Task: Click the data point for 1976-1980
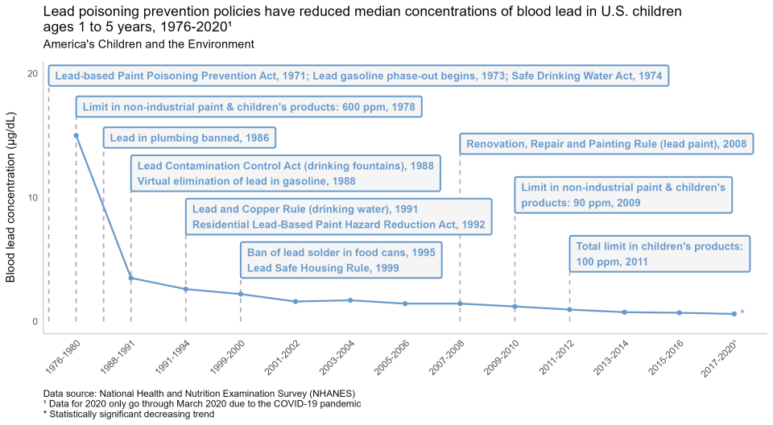click(x=76, y=135)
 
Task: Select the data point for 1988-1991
click(x=131, y=279)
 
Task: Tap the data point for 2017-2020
click(x=734, y=314)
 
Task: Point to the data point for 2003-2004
click(x=350, y=300)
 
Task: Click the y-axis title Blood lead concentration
click(x=11, y=198)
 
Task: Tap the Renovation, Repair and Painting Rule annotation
click(x=606, y=145)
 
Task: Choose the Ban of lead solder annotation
click(x=341, y=260)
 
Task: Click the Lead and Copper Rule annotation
click(x=338, y=217)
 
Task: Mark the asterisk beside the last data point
click(x=742, y=314)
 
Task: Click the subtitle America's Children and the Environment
click(x=148, y=44)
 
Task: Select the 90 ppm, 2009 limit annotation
click(x=622, y=195)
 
